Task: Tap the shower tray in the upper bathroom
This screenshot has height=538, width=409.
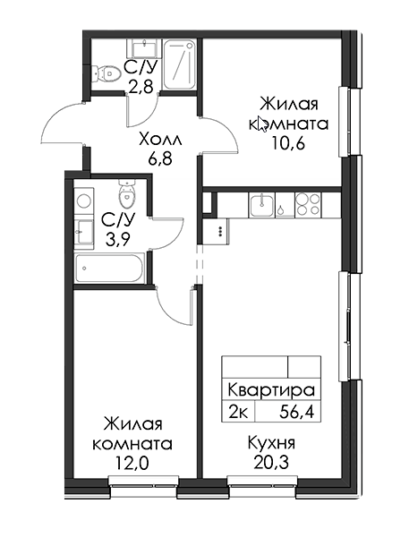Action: [179, 64]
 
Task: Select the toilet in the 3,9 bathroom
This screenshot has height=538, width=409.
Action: [126, 194]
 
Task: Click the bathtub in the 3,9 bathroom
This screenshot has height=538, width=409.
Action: [109, 268]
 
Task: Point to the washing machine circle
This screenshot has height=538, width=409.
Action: [83, 201]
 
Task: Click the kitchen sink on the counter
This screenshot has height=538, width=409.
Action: [262, 205]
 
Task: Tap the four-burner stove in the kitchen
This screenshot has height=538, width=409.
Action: [308, 205]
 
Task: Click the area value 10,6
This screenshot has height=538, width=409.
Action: [288, 144]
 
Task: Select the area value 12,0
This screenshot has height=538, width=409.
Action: [132, 464]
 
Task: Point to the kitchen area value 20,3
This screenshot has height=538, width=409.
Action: [271, 463]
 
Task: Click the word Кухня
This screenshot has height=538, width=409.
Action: [271, 443]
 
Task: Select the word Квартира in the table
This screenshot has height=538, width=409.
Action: [271, 390]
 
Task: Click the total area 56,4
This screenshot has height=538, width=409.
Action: [297, 411]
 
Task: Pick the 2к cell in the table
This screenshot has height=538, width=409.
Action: [238, 411]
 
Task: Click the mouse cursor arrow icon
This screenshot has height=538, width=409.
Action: [262, 124]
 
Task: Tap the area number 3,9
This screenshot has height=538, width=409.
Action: [117, 240]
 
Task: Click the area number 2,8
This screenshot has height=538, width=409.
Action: [141, 87]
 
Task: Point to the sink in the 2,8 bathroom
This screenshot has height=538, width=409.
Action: [144, 48]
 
